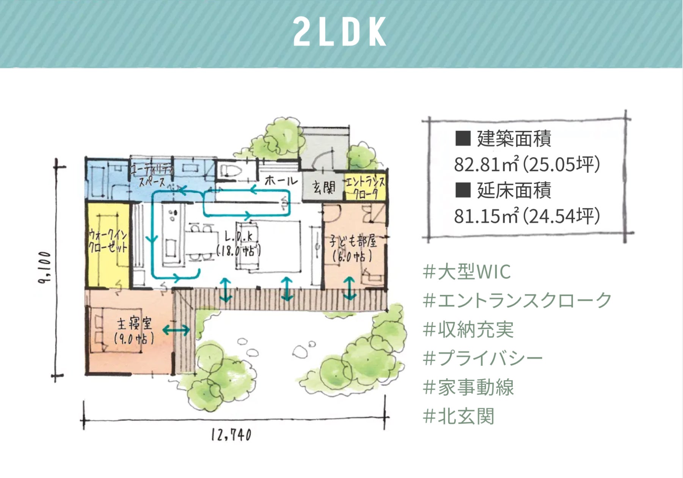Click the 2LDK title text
[x=340, y=32]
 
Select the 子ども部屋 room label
[x=353, y=249]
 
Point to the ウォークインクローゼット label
[x=108, y=241]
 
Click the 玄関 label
[x=323, y=187]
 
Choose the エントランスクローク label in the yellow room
[x=365, y=188]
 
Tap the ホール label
[x=281, y=181]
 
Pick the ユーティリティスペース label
[x=152, y=176]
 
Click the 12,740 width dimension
[x=231, y=435]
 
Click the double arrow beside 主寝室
[x=176, y=330]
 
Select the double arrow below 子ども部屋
[x=350, y=289]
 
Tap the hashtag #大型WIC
[x=467, y=272]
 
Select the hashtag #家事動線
[x=468, y=387]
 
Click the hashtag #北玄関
[x=458, y=416]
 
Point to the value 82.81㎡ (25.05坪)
[x=527, y=164]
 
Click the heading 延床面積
[x=513, y=190]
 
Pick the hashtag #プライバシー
[x=482, y=358]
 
